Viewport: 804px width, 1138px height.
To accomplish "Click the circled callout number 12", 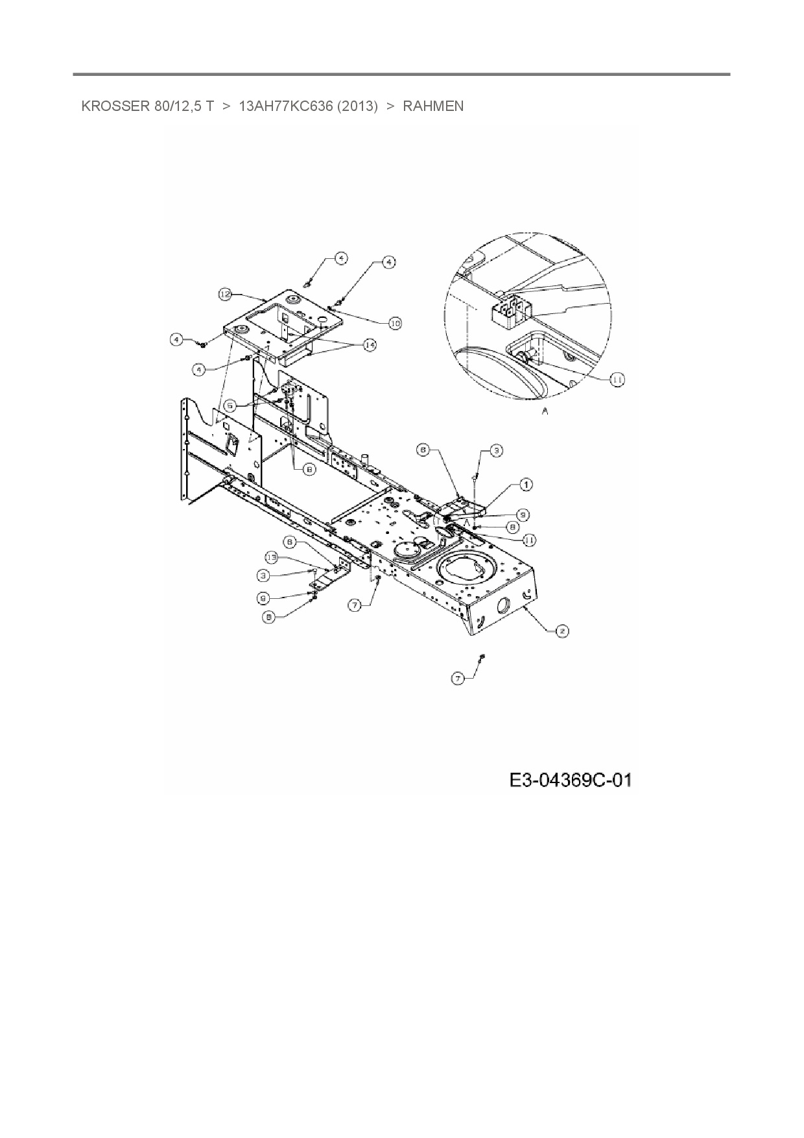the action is pyautogui.click(x=224, y=295).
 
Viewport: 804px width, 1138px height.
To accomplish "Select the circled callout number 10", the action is pyautogui.click(x=395, y=322).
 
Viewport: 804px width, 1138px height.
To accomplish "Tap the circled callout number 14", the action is pyautogui.click(x=369, y=345).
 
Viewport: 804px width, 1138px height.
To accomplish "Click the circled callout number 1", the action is pyautogui.click(x=526, y=484).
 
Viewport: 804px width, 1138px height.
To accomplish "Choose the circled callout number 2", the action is pyautogui.click(x=562, y=630).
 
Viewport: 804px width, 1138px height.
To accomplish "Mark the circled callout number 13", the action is pyautogui.click(x=272, y=557).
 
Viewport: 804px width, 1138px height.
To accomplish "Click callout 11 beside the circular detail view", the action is pyautogui.click(x=617, y=380).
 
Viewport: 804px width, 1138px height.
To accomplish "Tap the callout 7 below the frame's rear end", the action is pyautogui.click(x=458, y=678).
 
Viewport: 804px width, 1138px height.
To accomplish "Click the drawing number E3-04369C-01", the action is pyautogui.click(x=570, y=779).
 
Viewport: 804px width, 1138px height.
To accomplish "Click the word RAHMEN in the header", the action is pyautogui.click(x=433, y=106).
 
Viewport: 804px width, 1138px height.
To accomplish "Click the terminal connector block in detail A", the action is pyautogui.click(x=511, y=309).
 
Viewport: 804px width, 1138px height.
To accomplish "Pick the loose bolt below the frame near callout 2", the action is pyautogui.click(x=482, y=658).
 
